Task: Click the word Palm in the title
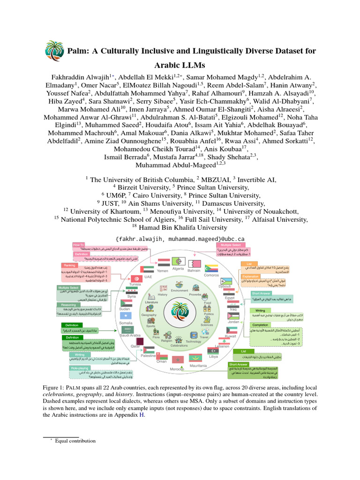81,50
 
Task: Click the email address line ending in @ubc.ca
180,239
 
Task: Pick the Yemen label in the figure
162,271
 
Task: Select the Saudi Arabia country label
130,335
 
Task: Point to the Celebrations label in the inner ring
179,345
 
